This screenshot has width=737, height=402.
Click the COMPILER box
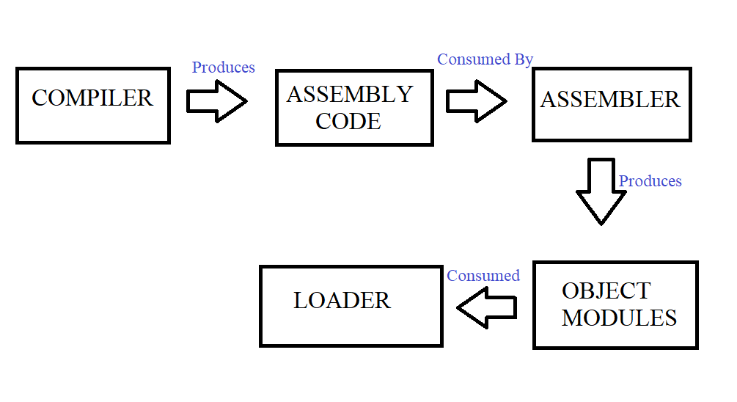coord(93,106)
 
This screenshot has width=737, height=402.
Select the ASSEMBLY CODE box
coord(354,108)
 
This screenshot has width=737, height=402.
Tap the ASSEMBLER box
coord(611,104)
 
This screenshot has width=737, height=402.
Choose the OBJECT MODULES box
coord(615,304)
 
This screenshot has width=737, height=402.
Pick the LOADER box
coord(351,305)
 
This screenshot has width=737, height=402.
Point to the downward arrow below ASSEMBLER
coord(601,191)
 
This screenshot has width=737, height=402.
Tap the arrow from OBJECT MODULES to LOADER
coord(487,307)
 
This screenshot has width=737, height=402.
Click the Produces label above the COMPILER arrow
coord(223,67)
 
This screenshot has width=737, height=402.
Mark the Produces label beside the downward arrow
coord(650,181)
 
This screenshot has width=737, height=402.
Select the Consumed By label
coord(485,59)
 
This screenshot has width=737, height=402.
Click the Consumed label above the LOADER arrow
coord(483,276)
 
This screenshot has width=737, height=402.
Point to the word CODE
coord(348,121)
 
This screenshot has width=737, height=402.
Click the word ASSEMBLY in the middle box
coord(350,95)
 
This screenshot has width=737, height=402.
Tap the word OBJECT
coord(606,291)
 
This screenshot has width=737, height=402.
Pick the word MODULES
coord(619,318)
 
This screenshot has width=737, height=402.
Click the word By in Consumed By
coord(522,59)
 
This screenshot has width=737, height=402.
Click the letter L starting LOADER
coord(299,301)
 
